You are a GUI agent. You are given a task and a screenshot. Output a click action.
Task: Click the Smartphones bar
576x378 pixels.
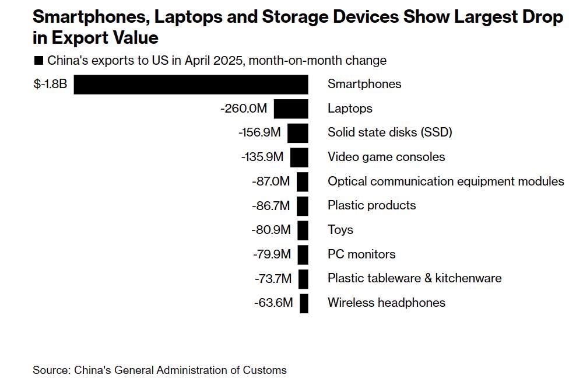tap(191, 84)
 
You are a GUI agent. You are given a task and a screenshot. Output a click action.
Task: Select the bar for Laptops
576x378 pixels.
tap(291, 108)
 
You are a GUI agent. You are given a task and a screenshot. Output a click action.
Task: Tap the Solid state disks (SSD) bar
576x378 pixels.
tap(297, 132)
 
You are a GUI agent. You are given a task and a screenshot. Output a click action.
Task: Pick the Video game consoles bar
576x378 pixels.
tap(299, 157)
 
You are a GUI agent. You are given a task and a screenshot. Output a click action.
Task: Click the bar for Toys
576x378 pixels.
tap(303, 230)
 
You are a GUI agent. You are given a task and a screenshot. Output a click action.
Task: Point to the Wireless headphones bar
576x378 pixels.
tap(304, 303)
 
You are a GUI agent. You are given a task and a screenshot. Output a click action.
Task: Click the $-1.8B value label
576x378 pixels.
tap(50, 84)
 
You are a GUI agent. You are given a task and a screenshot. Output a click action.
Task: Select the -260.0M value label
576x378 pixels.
tap(244, 108)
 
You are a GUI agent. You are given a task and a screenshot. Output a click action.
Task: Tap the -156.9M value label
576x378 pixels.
tap(259, 132)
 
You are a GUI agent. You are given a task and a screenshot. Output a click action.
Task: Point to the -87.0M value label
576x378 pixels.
tap(271, 181)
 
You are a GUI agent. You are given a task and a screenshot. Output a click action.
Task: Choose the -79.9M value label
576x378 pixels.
tap(272, 254)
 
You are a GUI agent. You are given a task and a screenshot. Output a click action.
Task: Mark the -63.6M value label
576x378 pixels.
tap(273, 303)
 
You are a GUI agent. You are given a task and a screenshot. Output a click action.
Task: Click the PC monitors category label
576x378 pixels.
tap(361, 254)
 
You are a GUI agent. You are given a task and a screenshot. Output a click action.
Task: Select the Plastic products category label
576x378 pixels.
tap(372, 205)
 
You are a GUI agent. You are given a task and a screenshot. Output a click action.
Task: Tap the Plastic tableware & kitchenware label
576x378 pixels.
tap(415, 278)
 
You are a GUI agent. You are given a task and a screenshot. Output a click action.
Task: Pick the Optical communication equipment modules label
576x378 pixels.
tap(446, 181)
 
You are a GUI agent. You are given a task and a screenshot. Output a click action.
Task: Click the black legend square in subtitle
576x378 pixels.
tap(39, 61)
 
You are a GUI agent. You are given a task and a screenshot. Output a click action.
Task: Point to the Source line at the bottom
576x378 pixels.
tap(160, 370)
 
